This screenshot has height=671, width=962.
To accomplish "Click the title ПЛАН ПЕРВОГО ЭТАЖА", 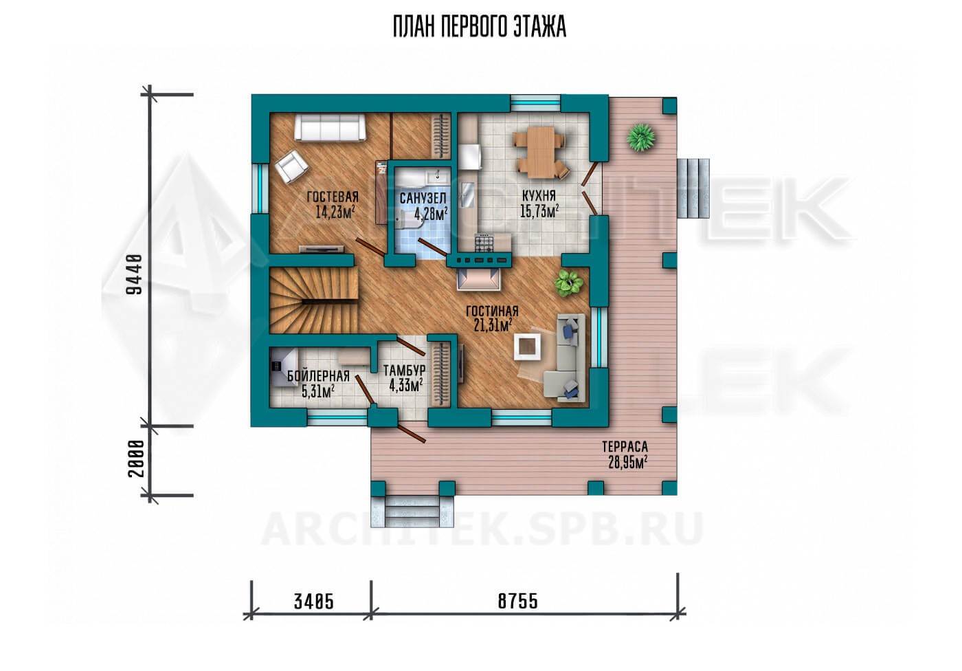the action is click(480, 27).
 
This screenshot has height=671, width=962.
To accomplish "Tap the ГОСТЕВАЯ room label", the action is click(333, 197).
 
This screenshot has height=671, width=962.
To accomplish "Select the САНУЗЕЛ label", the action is click(423, 199).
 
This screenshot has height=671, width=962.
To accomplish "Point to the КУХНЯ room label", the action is click(539, 195).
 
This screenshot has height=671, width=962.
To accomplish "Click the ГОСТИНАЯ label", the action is click(492, 311).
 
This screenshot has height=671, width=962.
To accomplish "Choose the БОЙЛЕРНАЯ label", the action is click(317, 376).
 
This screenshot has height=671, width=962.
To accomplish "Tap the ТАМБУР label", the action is click(404, 371).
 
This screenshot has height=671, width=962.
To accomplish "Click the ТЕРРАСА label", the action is click(625, 447).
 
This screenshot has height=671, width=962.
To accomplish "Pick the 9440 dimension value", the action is click(134, 274).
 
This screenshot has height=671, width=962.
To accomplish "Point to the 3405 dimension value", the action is click(314, 602).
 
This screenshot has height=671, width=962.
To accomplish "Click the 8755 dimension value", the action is click(518, 602).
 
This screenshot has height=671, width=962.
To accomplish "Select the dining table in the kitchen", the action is click(540, 152).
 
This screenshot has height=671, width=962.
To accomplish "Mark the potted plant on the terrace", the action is click(640, 137).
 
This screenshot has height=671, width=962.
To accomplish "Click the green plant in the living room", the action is click(568, 283).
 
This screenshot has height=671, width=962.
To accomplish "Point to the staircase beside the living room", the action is click(313, 300).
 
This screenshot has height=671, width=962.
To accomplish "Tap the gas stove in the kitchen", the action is click(484, 243).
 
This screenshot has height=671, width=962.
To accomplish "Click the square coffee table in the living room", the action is click(528, 348).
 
